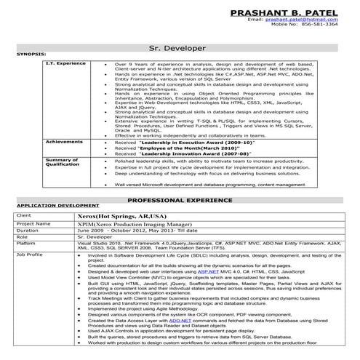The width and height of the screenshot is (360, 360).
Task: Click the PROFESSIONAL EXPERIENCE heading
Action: (x=180, y=199)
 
